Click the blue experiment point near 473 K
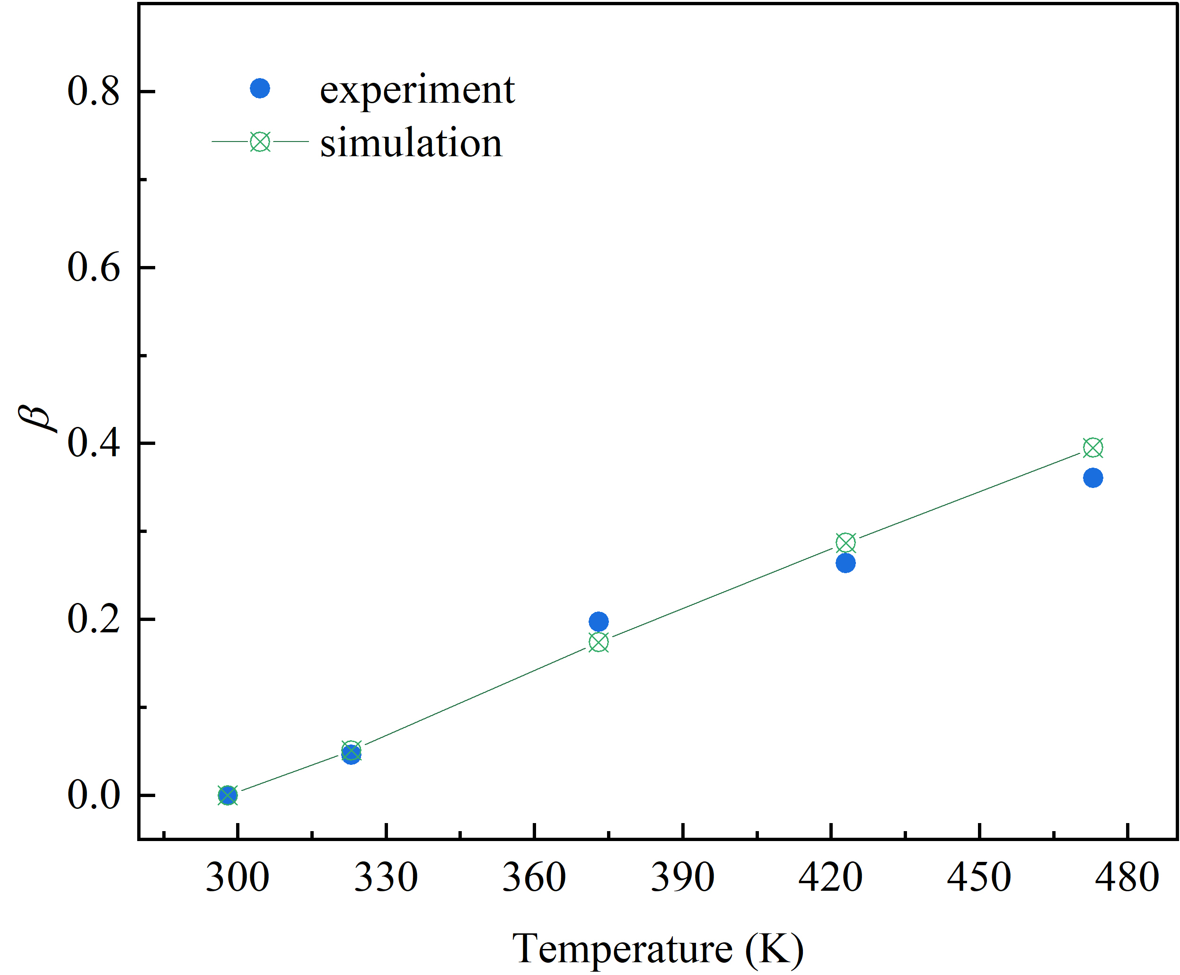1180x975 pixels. [1092, 478]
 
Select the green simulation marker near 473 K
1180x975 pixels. [1092, 448]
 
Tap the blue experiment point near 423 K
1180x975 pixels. [845, 563]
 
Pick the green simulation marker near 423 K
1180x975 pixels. [845, 542]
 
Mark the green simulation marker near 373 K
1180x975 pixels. [599, 642]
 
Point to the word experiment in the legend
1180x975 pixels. [416, 90]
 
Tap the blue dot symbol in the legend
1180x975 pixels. [260, 88]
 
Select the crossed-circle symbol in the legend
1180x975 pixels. [260, 142]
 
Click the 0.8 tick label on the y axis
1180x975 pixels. [93, 91]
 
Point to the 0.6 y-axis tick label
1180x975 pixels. [93, 267]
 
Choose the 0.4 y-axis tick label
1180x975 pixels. [93, 443]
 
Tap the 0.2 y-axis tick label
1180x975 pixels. [93, 619]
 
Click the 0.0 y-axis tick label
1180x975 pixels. [93, 795]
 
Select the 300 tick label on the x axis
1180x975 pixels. [238, 877]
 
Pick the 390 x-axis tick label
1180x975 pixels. [682, 877]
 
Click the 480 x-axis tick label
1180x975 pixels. [1127, 877]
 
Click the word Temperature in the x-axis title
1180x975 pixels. [622, 949]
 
